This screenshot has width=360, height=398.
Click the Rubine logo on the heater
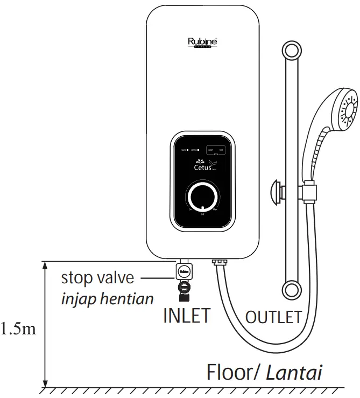click(x=202, y=42)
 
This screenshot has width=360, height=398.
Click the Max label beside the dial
click(x=215, y=210)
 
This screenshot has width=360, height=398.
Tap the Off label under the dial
click(x=202, y=214)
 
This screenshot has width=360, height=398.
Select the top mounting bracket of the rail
click(x=291, y=53)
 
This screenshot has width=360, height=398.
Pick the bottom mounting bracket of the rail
click(x=291, y=288)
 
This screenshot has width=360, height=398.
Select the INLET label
click(x=186, y=316)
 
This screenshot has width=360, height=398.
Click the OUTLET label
click(x=273, y=317)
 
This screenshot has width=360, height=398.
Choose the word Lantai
click(x=295, y=373)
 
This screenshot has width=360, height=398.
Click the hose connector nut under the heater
click(x=220, y=263)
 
